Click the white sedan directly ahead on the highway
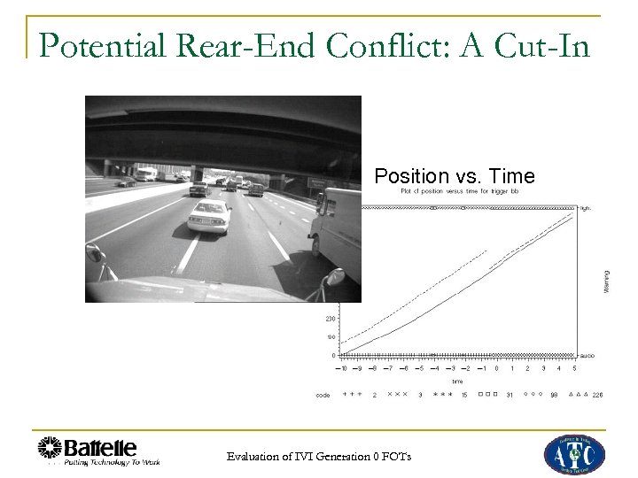tap(209, 215)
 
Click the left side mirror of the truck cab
tap(95, 255)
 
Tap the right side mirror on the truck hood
tap(335, 277)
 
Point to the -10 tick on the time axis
tap(343, 367)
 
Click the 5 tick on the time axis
tap(574, 367)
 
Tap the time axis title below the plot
tap(457, 382)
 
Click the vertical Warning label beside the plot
tap(606, 283)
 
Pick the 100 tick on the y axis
tap(330, 337)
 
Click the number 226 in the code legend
tap(597, 395)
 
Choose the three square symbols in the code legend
tap(486, 395)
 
